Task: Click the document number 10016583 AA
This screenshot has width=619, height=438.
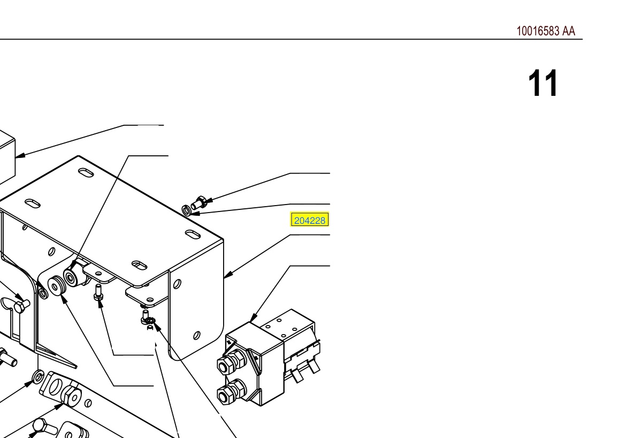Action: (x=546, y=31)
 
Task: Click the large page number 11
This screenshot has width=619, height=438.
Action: (x=543, y=84)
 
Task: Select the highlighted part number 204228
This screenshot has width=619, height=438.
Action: (x=310, y=220)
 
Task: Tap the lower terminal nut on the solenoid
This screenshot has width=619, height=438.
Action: (x=230, y=392)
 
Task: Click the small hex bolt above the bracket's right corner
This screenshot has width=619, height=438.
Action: (x=198, y=203)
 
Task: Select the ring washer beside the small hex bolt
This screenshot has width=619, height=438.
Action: (x=186, y=210)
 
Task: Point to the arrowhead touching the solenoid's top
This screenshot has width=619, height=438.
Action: (x=254, y=318)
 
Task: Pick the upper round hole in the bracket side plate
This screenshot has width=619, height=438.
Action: (x=177, y=284)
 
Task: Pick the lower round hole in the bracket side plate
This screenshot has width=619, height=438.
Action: (x=196, y=335)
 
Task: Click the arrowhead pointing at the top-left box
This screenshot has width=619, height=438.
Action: (x=20, y=155)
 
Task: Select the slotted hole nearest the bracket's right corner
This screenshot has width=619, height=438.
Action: (x=192, y=235)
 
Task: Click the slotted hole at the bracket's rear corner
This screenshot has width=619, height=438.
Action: (x=86, y=172)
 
